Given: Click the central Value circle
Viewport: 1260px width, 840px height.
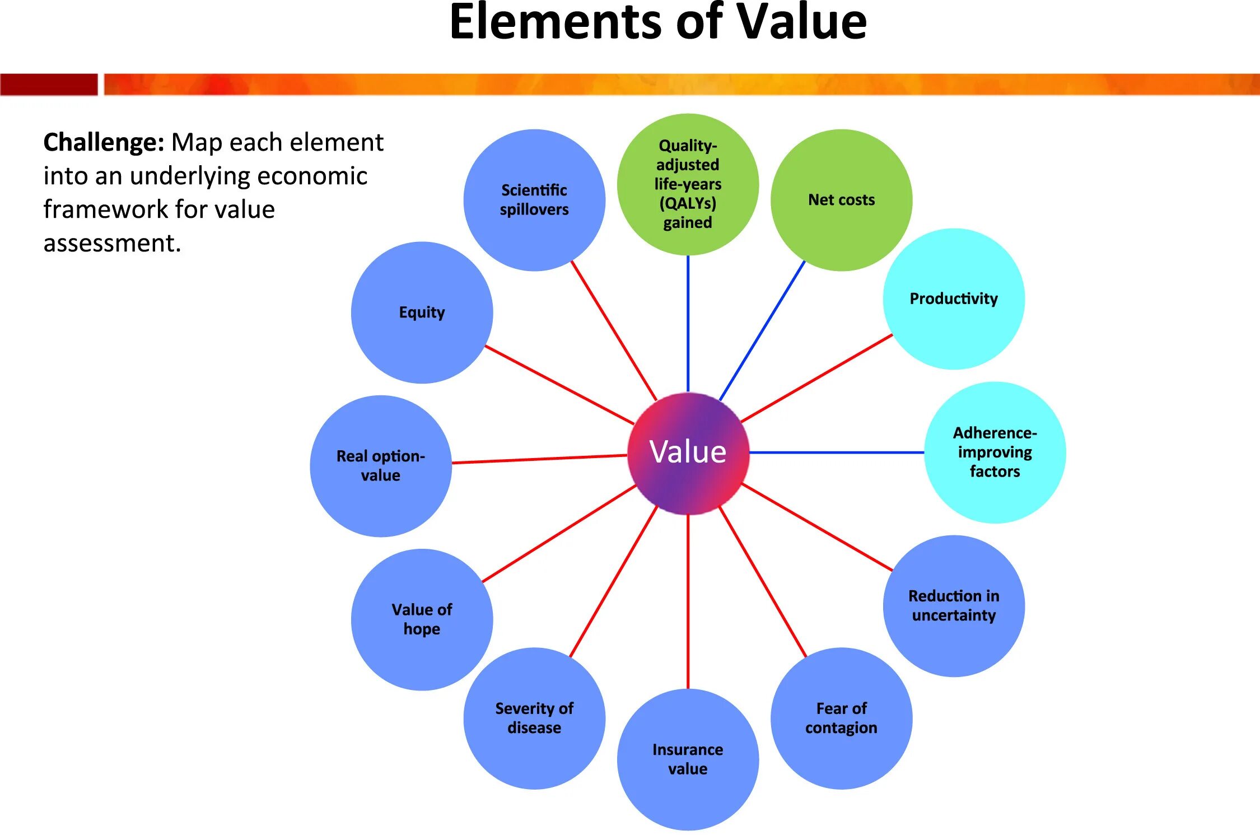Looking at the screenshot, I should pyautogui.click(x=688, y=452).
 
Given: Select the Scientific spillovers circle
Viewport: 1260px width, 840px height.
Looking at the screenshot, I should pyautogui.click(x=534, y=200).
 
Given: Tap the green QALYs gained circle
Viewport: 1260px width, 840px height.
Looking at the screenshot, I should pyautogui.click(x=688, y=184).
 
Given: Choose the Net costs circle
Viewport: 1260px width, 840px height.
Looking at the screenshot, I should pyautogui.click(x=841, y=200).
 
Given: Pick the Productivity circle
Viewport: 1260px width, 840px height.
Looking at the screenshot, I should pyautogui.click(x=954, y=298).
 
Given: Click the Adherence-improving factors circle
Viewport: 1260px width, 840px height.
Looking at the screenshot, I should pyautogui.click(x=995, y=452).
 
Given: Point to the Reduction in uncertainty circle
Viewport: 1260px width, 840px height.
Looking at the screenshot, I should pyautogui.click(x=954, y=605).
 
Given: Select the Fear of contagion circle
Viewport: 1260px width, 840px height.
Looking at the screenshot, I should pyautogui.click(x=841, y=718).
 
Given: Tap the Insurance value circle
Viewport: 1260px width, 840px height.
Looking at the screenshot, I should pyautogui.click(x=688, y=759).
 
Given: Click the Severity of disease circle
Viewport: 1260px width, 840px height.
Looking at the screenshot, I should pyautogui.click(x=534, y=718).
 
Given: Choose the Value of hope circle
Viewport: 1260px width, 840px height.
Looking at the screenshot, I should pyautogui.click(x=422, y=619).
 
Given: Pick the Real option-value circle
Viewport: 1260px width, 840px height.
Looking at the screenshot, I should pyautogui.click(x=381, y=466).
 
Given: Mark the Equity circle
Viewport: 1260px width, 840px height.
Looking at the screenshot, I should pyautogui.click(x=422, y=312).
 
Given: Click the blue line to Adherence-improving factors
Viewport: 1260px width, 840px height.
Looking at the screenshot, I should pyautogui.click(x=837, y=452).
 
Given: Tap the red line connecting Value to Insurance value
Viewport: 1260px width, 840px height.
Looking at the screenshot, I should pyautogui.click(x=688, y=602).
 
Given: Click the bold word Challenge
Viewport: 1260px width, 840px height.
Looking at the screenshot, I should pyautogui.click(x=104, y=142).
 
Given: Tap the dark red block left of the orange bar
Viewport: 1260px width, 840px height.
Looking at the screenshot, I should pyautogui.click(x=49, y=85).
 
